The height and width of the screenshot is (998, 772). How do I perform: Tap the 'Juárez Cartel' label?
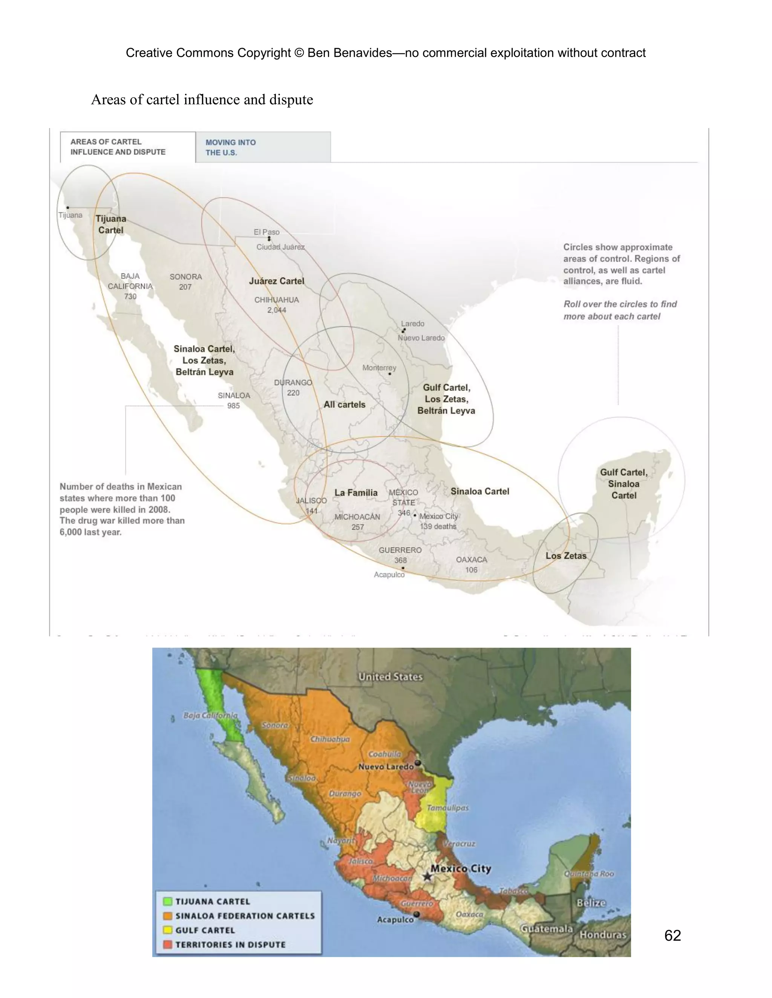276,281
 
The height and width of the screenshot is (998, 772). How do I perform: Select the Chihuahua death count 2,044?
277,310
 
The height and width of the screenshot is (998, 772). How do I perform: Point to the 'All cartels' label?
345,404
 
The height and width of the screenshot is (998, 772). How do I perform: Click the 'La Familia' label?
356,493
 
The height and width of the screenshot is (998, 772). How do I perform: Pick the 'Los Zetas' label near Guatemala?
566,555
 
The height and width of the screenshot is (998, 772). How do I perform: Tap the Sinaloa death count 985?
233,406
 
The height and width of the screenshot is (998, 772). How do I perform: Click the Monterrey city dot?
390,374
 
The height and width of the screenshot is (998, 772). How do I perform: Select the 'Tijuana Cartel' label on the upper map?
111,224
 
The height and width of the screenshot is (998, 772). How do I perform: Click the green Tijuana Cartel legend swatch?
168,901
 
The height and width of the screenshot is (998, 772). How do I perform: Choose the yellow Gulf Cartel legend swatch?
168,930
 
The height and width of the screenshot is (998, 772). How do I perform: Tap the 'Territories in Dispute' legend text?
230,945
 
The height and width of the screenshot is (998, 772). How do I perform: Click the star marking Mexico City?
427,876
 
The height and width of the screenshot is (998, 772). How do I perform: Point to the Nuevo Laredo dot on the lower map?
418,763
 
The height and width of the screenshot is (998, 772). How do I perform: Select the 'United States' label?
390,677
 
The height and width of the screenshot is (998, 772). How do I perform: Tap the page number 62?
672,935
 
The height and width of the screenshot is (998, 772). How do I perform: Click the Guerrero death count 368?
400,560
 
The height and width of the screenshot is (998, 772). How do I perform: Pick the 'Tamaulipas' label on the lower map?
447,808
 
